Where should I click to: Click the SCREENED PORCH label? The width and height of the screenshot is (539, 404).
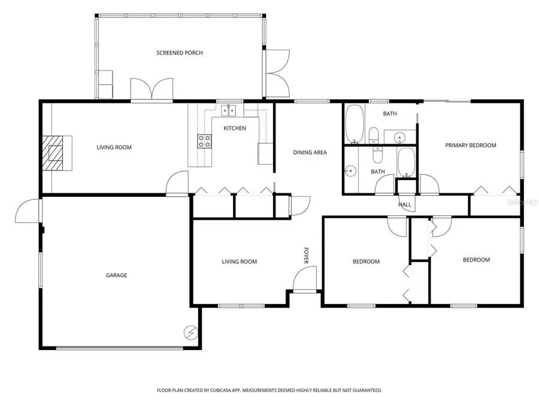[180, 53]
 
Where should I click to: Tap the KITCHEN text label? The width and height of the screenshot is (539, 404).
[235, 128]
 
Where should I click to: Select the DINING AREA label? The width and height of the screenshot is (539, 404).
[310, 152]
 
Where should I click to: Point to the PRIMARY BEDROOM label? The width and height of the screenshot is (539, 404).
[470, 145]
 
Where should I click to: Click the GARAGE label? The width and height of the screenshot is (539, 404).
[117, 275]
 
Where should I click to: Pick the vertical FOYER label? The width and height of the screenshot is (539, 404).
[305, 256]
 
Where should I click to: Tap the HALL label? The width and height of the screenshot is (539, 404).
[405, 205]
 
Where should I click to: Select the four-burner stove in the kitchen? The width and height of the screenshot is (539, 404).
[204, 141]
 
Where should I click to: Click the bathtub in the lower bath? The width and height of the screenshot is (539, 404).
[407, 163]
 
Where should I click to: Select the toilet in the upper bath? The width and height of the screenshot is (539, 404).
[373, 135]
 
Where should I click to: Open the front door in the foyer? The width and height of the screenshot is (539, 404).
[304, 279]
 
